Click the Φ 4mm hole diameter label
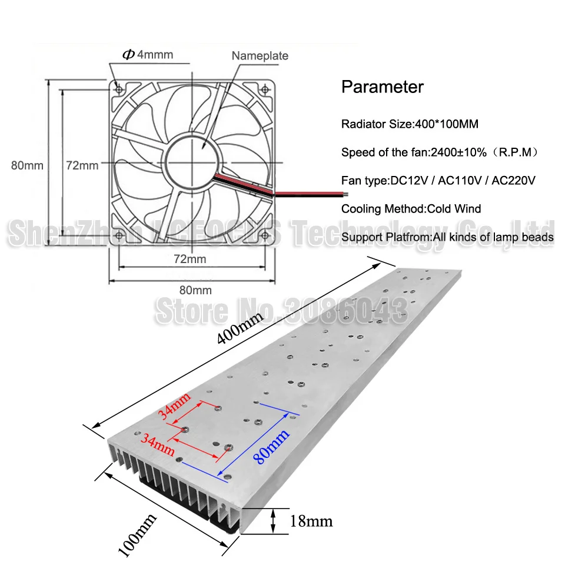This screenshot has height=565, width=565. (x=148, y=55)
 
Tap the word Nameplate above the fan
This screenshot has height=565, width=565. (x=260, y=56)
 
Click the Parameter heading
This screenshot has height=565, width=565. (x=383, y=87)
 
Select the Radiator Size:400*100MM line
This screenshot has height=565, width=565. (x=410, y=124)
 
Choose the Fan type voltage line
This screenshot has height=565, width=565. (x=438, y=180)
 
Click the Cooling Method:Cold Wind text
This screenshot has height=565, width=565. (x=411, y=208)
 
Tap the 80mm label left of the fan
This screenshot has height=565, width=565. (x=28, y=165)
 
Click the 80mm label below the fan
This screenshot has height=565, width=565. (x=195, y=290)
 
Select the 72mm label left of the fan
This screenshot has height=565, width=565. (x=82, y=165)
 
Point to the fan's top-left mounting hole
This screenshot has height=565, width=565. (x=119, y=88)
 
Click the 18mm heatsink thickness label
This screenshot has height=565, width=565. (x=311, y=521)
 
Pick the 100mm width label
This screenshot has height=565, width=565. (x=137, y=534)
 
